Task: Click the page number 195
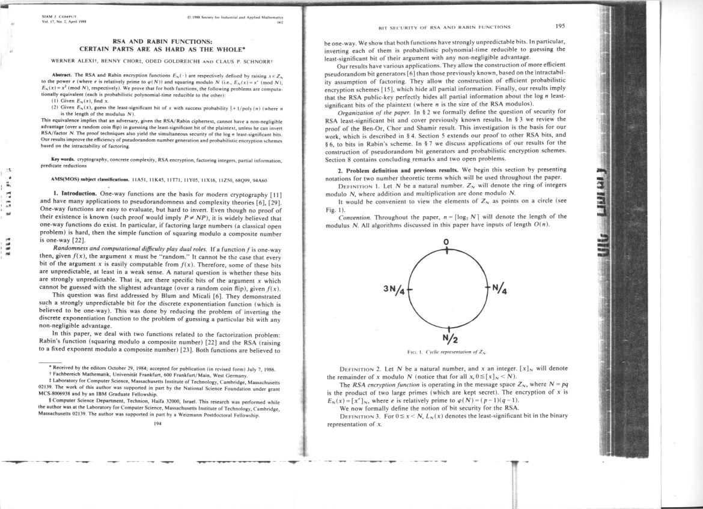pos(562,26)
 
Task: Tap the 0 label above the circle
pos(446,242)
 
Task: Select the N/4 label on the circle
pos(500,289)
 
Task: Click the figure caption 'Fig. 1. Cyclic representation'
pos(446,352)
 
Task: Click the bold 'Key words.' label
pos(62,158)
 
